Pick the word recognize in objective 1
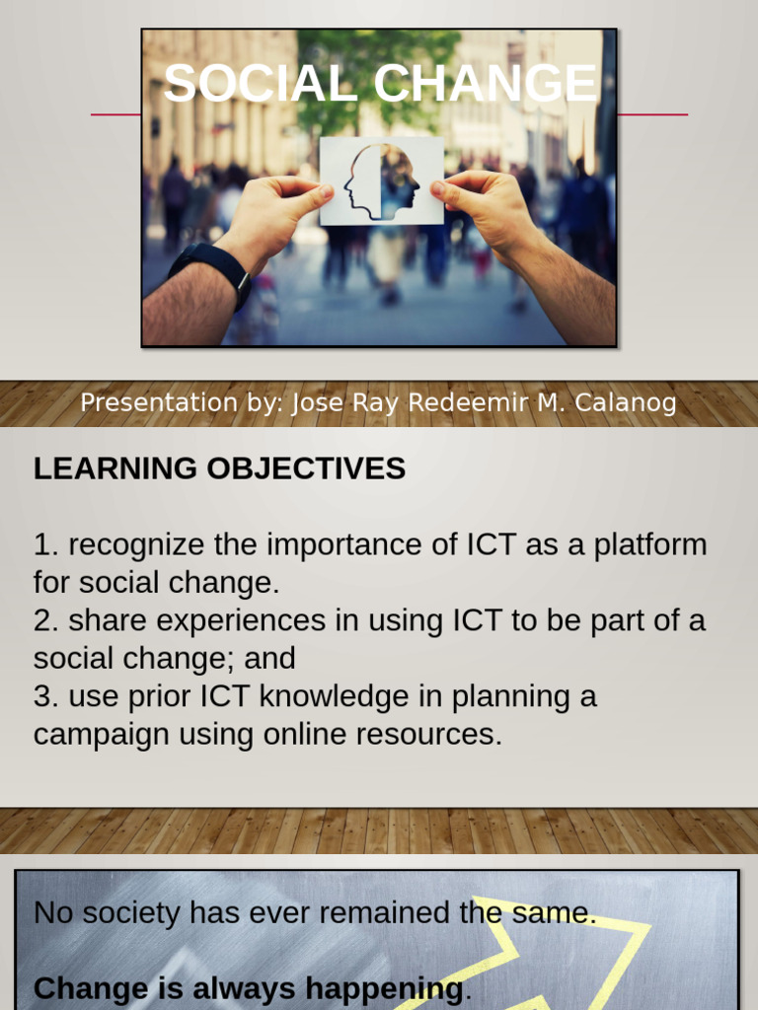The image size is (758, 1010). click(x=137, y=544)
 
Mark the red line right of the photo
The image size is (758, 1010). click(x=651, y=114)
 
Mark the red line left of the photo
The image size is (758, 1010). click(x=115, y=114)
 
